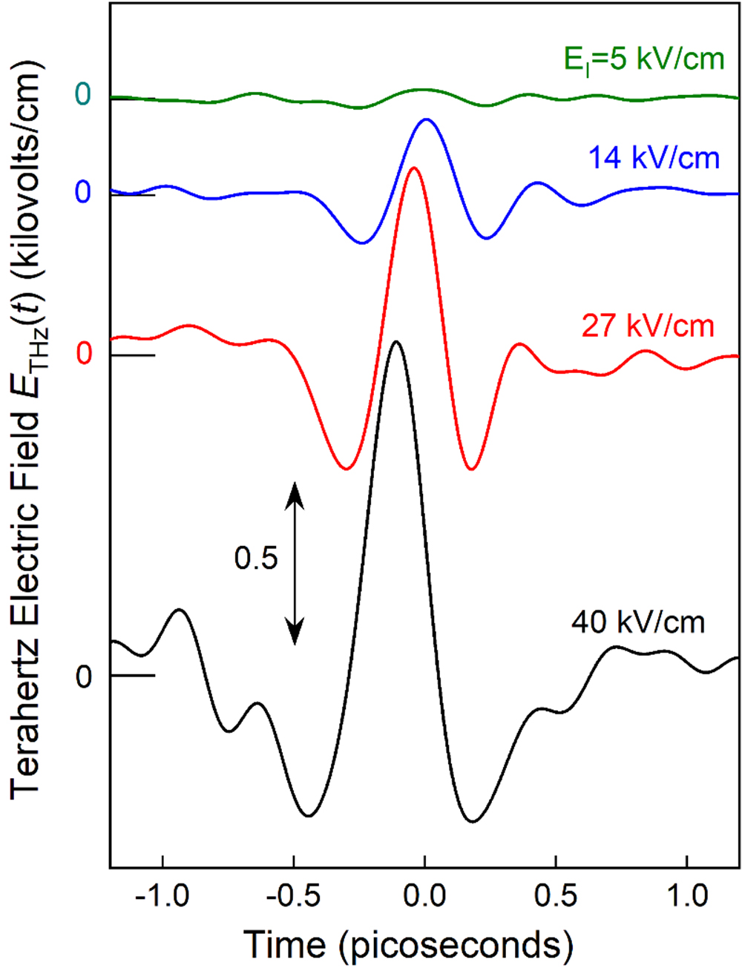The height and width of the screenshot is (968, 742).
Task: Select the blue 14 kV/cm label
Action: tap(654, 158)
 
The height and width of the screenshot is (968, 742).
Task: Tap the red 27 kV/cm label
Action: tap(648, 326)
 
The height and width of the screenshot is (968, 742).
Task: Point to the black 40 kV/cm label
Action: tap(637, 622)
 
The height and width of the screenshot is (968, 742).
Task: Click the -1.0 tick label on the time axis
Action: tap(161, 896)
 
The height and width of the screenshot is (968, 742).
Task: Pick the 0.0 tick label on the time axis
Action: tap(424, 896)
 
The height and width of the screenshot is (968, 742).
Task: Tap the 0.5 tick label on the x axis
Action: tap(556, 896)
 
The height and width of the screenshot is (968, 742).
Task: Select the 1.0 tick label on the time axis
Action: tap(687, 896)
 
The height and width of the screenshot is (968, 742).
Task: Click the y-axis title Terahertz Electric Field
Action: tap(28, 430)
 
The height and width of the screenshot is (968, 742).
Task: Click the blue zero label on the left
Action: tap(84, 193)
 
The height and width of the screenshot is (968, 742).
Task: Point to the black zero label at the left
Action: tap(84, 677)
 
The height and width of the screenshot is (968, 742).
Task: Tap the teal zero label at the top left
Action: tap(84, 94)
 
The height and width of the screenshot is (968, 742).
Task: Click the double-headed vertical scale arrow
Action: tap(295, 563)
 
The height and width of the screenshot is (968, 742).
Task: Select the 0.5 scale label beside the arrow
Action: tap(256, 559)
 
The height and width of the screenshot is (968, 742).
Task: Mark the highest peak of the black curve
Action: tap(397, 342)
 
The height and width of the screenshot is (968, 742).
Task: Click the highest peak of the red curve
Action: tap(413, 168)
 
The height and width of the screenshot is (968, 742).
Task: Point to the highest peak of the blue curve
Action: tap(426, 119)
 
